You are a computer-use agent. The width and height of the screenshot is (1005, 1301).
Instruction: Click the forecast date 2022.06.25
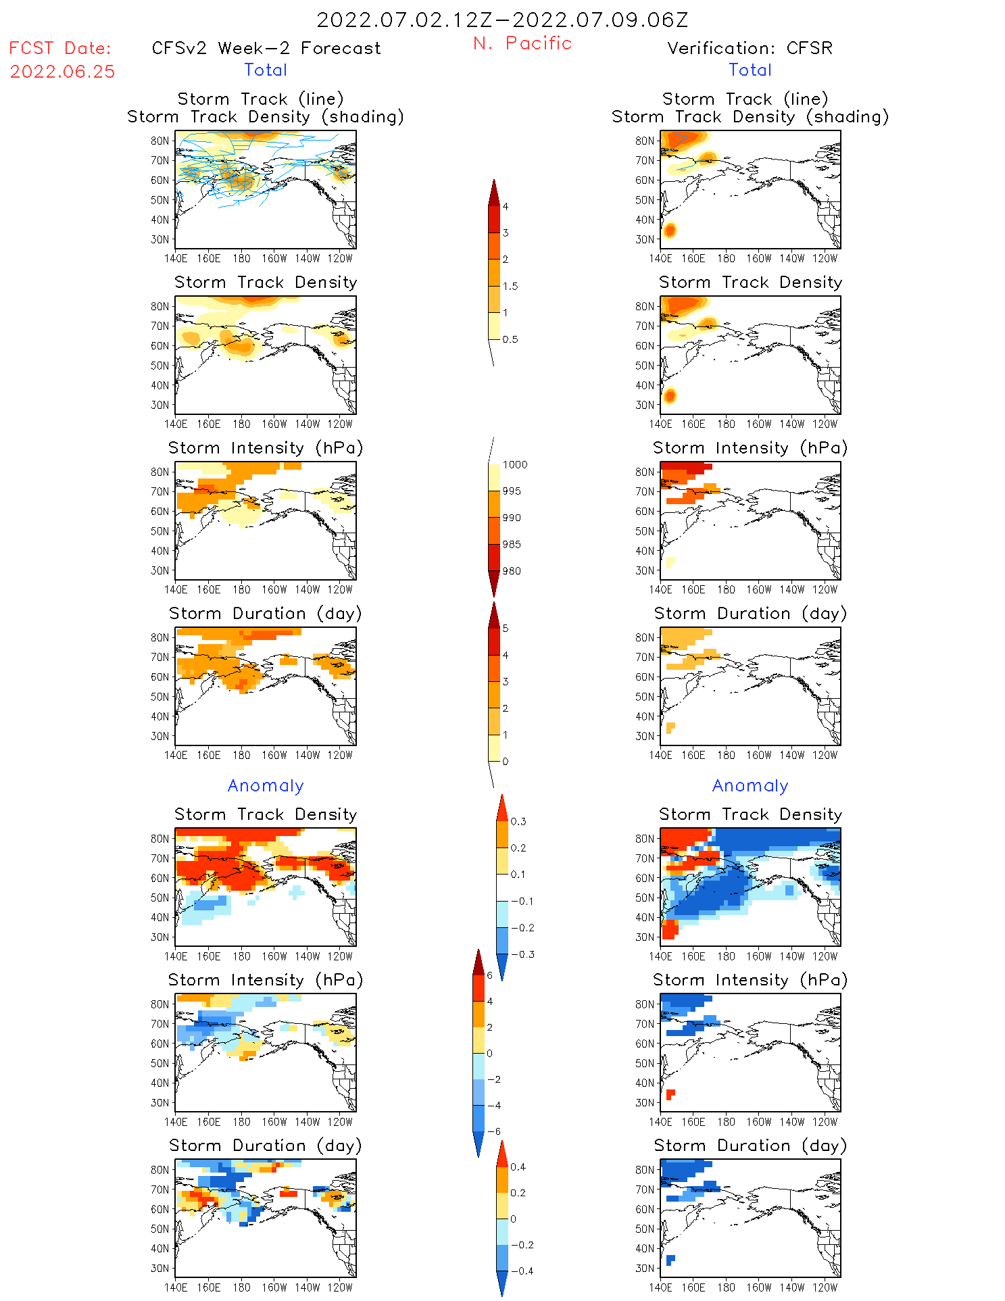click(x=62, y=72)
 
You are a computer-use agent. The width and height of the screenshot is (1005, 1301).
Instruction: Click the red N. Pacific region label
click(x=522, y=43)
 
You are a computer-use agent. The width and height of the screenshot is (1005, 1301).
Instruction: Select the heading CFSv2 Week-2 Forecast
click(x=266, y=49)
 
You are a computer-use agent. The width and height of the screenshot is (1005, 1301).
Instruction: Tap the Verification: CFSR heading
click(x=750, y=49)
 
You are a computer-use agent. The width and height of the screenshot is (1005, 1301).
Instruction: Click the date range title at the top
click(x=502, y=20)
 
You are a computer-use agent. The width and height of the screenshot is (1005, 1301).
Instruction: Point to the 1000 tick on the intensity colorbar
click(x=514, y=464)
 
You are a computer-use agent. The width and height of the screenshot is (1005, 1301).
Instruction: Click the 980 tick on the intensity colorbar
click(x=512, y=571)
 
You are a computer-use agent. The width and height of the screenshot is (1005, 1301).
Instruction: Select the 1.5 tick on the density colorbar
click(x=510, y=286)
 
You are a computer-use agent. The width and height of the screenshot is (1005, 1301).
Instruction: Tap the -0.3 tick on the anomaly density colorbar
click(x=522, y=954)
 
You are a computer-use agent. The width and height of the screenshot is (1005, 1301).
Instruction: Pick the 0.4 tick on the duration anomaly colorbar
click(x=518, y=1167)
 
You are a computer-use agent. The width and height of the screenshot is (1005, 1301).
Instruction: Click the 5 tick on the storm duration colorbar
click(x=505, y=629)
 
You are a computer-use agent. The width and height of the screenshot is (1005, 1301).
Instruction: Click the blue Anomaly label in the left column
click(x=266, y=786)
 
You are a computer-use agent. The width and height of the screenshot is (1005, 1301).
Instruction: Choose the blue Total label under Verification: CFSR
click(x=750, y=70)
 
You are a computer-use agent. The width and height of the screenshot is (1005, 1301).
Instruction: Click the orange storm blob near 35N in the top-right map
click(x=670, y=230)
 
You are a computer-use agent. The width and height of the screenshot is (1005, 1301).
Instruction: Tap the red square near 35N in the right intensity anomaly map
click(x=670, y=1094)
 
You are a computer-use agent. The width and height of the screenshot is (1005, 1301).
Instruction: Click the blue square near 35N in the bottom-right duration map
click(x=670, y=1260)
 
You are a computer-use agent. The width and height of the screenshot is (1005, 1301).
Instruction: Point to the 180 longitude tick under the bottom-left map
click(x=241, y=1287)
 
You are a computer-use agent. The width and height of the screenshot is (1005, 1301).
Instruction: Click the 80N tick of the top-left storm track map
click(x=160, y=141)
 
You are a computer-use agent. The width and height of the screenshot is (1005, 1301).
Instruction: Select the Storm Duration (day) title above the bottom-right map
click(x=750, y=1146)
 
